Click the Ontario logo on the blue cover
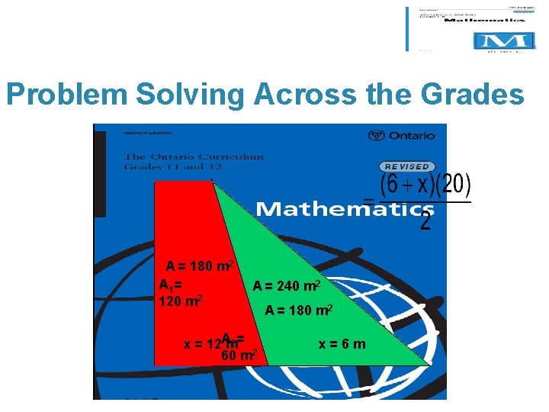[401, 136]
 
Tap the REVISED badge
[406, 166]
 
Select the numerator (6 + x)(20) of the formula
[426, 185]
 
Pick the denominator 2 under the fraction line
[425, 221]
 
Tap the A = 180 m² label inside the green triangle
[297, 311]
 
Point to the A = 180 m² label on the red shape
[200, 266]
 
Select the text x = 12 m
[209, 344]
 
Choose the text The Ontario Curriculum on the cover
[194, 157]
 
